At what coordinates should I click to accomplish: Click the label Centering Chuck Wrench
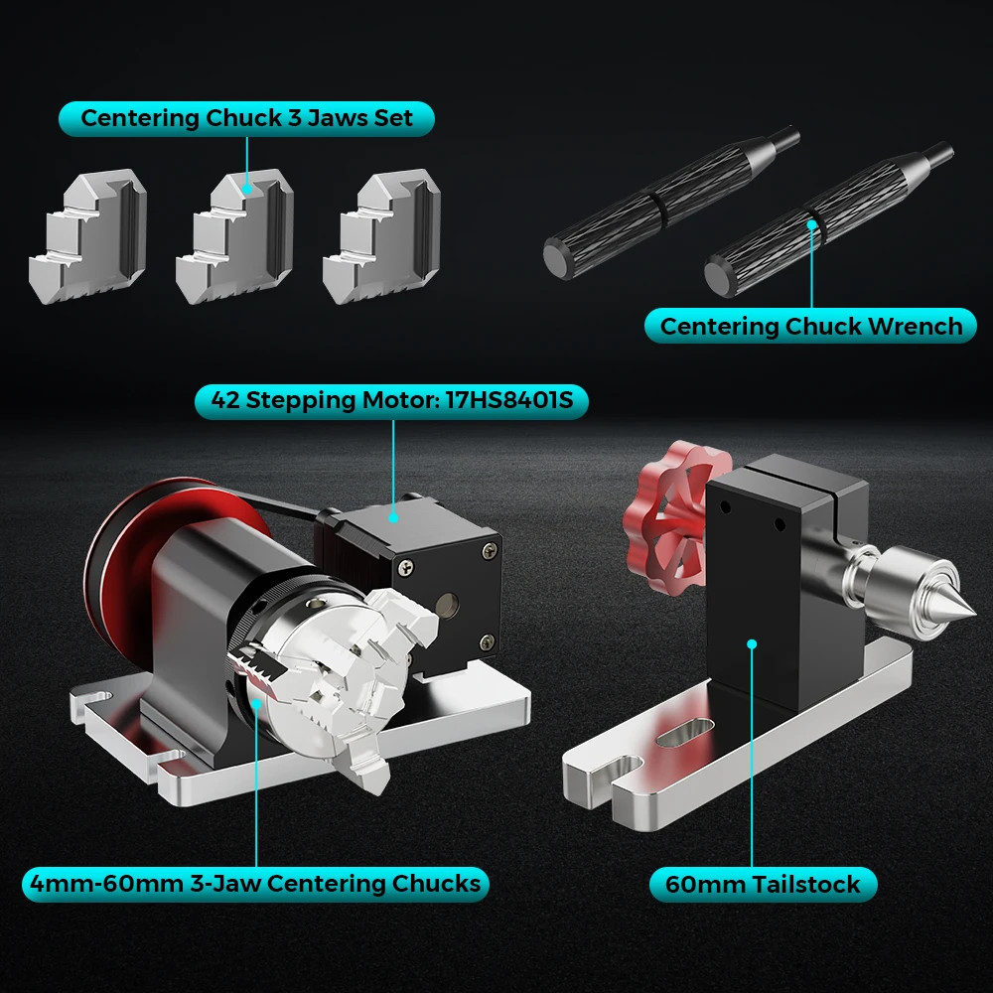point(810,326)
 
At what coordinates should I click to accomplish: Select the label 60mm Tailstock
point(763,883)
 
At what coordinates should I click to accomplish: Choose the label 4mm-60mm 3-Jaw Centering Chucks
point(255,883)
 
